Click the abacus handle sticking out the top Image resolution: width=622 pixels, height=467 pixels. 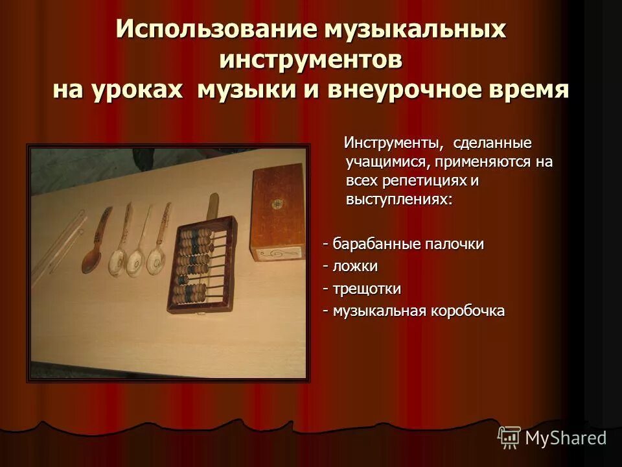[213, 207]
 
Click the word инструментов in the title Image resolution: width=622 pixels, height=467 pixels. [311, 60]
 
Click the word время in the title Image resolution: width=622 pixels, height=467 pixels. [527, 89]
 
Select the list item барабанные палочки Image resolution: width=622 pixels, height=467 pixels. [408, 245]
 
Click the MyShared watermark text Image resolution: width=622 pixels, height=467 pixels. [566, 438]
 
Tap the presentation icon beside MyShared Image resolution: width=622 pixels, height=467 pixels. [509, 438]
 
